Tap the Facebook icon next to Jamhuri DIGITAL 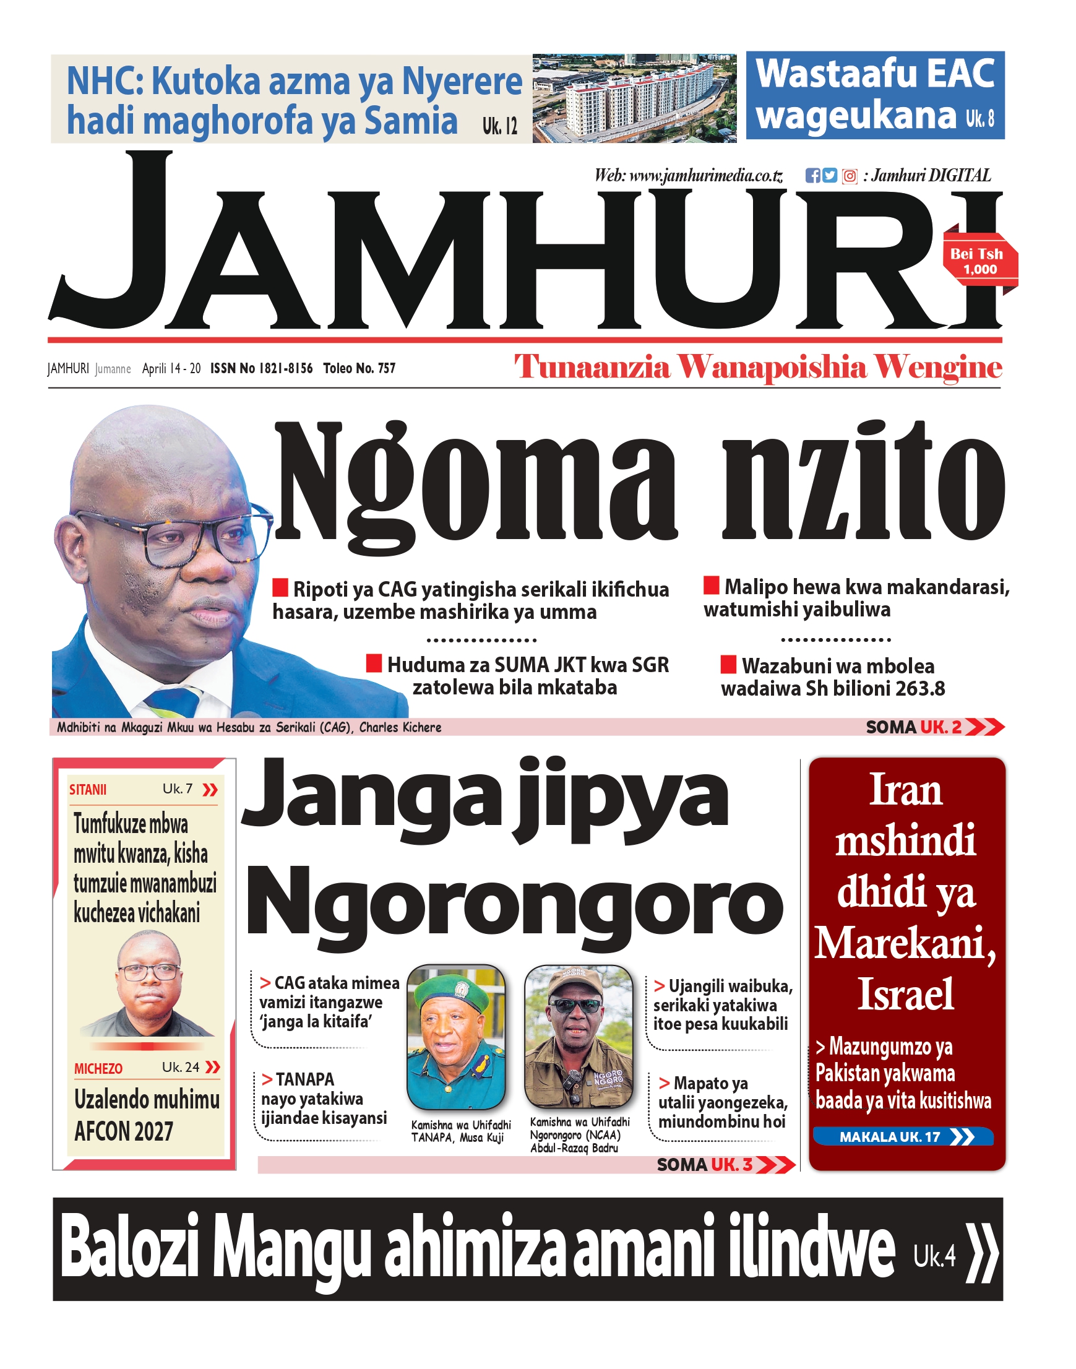812,176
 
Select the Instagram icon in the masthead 850,176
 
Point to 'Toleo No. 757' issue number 359,368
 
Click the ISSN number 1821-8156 262,368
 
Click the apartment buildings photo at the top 634,98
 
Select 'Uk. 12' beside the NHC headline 499,126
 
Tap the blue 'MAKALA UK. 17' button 902,1137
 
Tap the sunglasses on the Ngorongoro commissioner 575,1006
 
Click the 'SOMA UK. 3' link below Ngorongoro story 725,1165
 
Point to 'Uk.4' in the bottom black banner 934,1257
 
